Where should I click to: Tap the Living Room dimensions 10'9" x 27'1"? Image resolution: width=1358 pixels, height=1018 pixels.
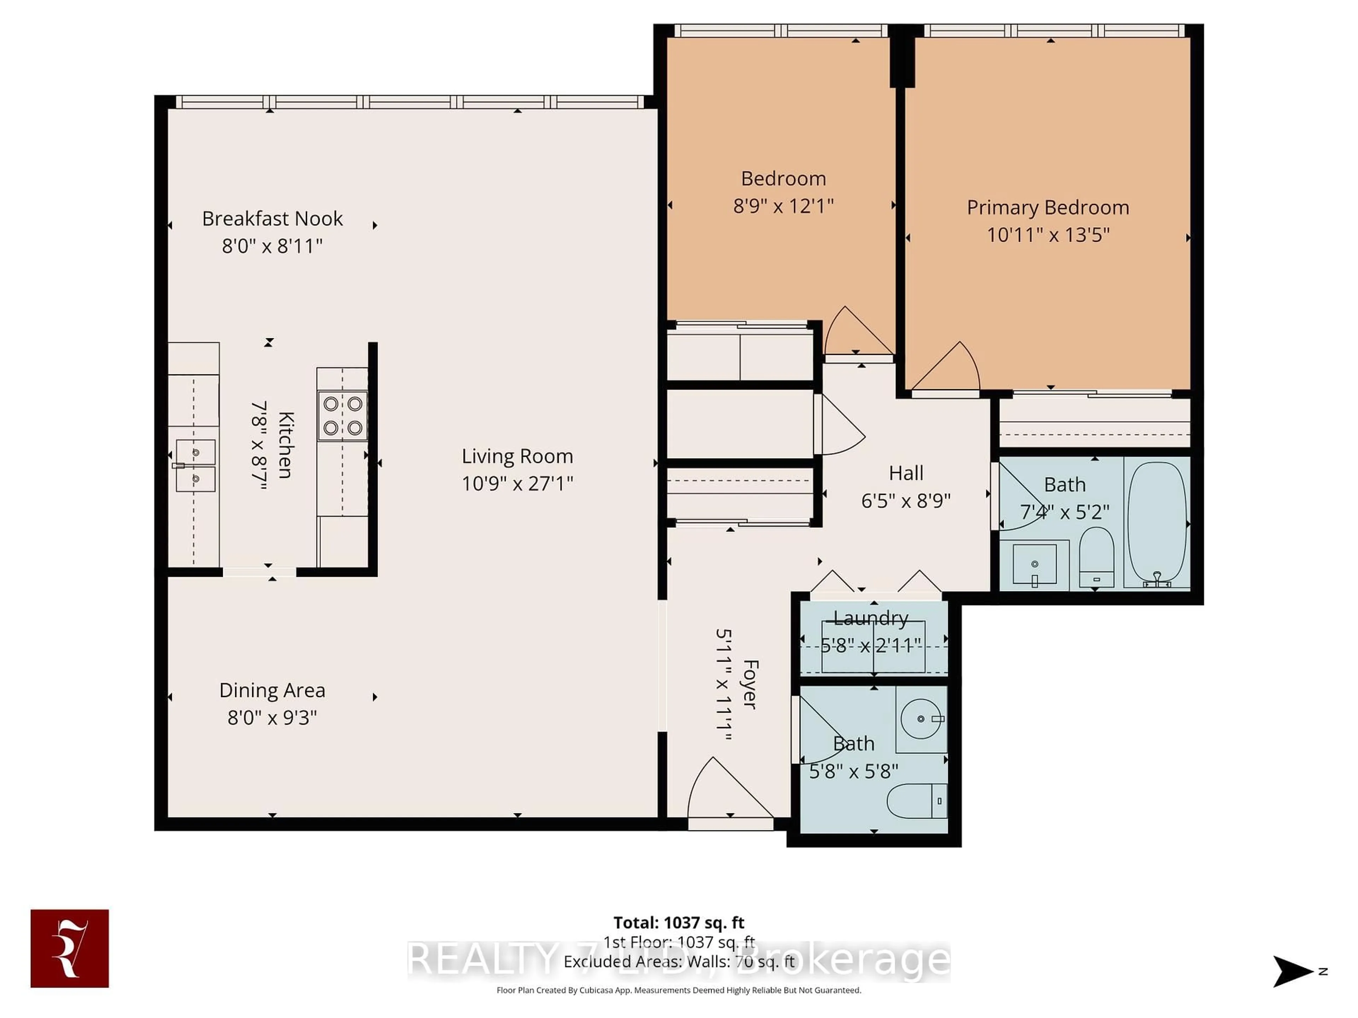[517, 484]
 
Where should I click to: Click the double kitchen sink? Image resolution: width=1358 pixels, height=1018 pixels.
[195, 465]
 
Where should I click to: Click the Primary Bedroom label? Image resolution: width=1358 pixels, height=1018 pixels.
[1047, 207]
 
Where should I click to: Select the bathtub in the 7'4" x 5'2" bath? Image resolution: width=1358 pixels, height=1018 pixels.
[1157, 522]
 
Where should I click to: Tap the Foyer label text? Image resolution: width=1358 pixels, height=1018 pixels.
[750, 684]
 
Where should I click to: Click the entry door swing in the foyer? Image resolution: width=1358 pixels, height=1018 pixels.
[724, 791]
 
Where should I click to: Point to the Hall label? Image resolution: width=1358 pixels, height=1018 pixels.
[906, 473]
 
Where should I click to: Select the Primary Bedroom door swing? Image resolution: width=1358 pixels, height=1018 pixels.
[948, 368]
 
